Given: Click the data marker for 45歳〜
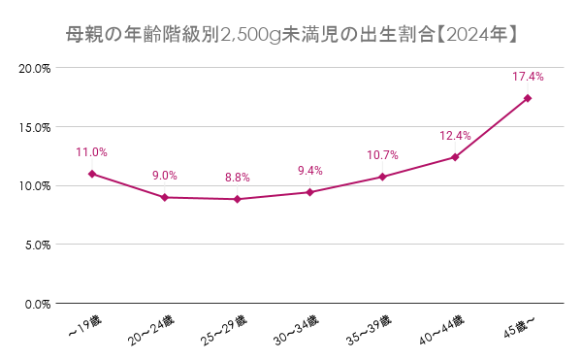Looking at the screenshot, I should [x=528, y=98].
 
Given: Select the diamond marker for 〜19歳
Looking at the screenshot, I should [x=92, y=174].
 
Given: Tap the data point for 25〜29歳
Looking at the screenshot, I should [x=237, y=199].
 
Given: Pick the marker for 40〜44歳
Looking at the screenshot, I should [x=455, y=157].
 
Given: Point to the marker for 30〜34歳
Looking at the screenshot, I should [x=309, y=192].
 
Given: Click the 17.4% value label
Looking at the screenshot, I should [x=528, y=76].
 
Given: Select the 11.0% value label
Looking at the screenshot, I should [x=91, y=152].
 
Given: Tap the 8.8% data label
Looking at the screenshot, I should [x=237, y=178].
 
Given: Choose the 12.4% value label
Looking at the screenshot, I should [x=455, y=136].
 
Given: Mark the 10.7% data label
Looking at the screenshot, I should [x=382, y=155].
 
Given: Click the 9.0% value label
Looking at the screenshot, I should [x=164, y=176].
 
